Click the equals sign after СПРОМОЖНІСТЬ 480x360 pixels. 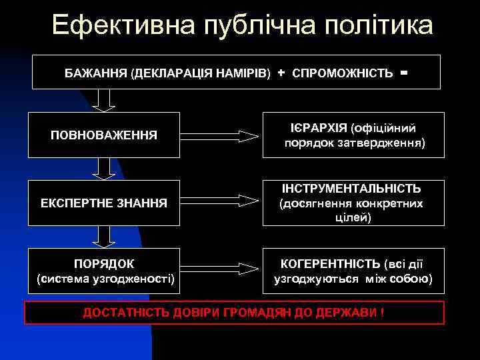[404, 71]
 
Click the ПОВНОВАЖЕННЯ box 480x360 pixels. [104, 135]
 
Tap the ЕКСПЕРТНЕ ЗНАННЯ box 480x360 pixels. [104, 202]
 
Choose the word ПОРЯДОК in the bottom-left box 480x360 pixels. [105, 263]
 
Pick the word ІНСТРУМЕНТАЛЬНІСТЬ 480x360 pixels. [351, 189]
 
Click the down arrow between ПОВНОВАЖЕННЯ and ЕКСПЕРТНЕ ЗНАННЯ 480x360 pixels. [104, 169]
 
